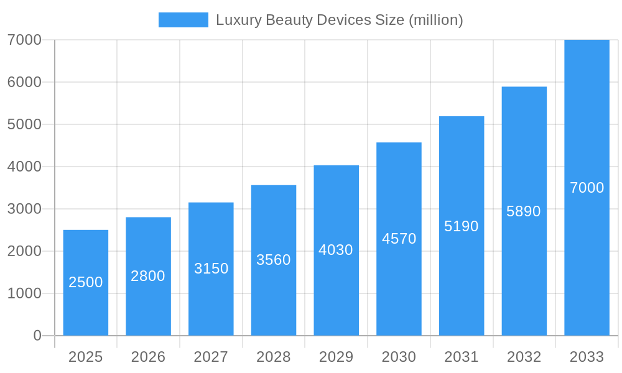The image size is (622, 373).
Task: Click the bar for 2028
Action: pyautogui.click(x=274, y=292)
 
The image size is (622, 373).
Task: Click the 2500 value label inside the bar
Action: pyautogui.click(x=86, y=282)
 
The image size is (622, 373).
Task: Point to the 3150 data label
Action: pyautogui.click(x=211, y=269)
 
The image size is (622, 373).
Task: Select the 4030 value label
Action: pyautogui.click(x=336, y=250)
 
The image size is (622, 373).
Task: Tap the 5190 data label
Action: pyautogui.click(x=462, y=226)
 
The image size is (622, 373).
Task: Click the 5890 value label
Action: pyautogui.click(x=524, y=211)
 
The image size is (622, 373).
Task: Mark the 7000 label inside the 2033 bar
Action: pyautogui.click(x=587, y=188)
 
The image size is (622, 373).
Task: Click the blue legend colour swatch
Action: pyautogui.click(x=183, y=20)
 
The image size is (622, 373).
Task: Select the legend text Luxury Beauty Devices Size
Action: pyautogui.click(x=339, y=20)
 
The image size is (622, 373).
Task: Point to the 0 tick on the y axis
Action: pyautogui.click(x=37, y=336)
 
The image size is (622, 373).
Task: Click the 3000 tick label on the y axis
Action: pyautogui.click(x=24, y=209)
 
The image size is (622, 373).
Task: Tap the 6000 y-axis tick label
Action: pyautogui.click(x=24, y=82)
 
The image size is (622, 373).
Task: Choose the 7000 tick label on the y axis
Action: pyautogui.click(x=24, y=40)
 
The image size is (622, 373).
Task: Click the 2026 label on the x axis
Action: pyautogui.click(x=148, y=357)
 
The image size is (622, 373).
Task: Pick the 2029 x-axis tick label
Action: pyautogui.click(x=336, y=357)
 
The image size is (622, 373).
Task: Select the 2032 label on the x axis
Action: pyautogui.click(x=524, y=357)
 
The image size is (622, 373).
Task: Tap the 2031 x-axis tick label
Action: pyautogui.click(x=462, y=357)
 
